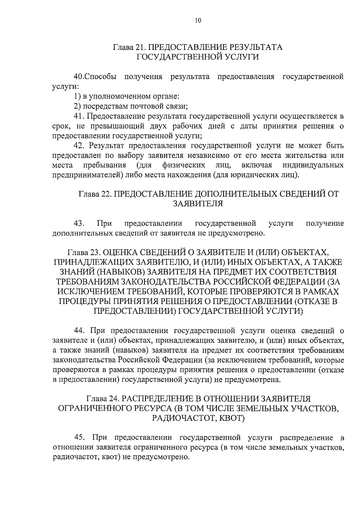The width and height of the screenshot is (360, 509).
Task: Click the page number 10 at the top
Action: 198,21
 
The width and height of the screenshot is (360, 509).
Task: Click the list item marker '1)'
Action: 77,96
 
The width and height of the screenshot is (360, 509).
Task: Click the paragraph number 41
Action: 79,116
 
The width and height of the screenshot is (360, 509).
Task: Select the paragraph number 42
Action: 79,146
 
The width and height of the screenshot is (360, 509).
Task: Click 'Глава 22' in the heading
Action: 95,194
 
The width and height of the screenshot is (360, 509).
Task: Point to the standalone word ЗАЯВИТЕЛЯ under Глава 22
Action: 198,204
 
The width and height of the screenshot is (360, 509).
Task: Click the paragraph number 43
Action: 79,223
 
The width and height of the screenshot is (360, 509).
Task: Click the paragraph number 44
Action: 79,331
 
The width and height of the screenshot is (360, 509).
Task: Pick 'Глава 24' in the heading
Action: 103,399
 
